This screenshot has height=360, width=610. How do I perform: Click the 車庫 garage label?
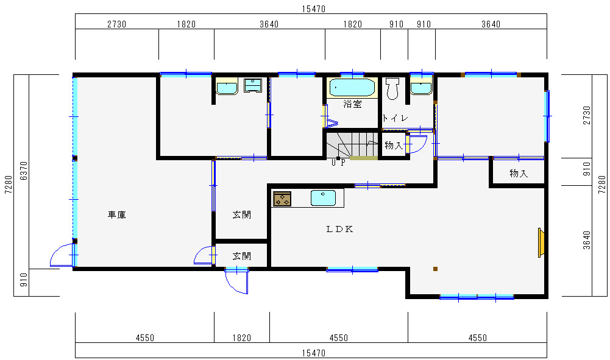(117, 214)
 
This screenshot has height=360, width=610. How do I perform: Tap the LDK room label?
(339, 230)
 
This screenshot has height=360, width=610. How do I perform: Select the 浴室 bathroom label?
(352, 104)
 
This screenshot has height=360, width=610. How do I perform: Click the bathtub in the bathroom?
(352, 88)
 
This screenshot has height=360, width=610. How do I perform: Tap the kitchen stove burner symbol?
(282, 199)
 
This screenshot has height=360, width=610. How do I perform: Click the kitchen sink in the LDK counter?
(323, 198)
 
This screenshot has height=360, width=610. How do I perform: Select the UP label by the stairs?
(338, 163)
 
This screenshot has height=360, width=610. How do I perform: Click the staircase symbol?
(352, 146)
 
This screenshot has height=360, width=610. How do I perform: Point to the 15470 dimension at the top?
(314, 9)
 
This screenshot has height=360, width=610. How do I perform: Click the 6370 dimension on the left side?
(24, 171)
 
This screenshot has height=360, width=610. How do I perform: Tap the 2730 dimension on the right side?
(587, 115)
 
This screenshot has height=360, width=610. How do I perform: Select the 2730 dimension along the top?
(117, 24)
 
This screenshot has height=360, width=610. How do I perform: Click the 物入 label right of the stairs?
(394, 146)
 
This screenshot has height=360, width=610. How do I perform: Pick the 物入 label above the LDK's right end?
(519, 174)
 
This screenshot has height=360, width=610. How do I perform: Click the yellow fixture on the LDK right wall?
(541, 242)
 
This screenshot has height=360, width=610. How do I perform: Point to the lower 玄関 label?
(241, 256)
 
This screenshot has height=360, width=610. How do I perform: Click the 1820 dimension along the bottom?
(241, 338)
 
